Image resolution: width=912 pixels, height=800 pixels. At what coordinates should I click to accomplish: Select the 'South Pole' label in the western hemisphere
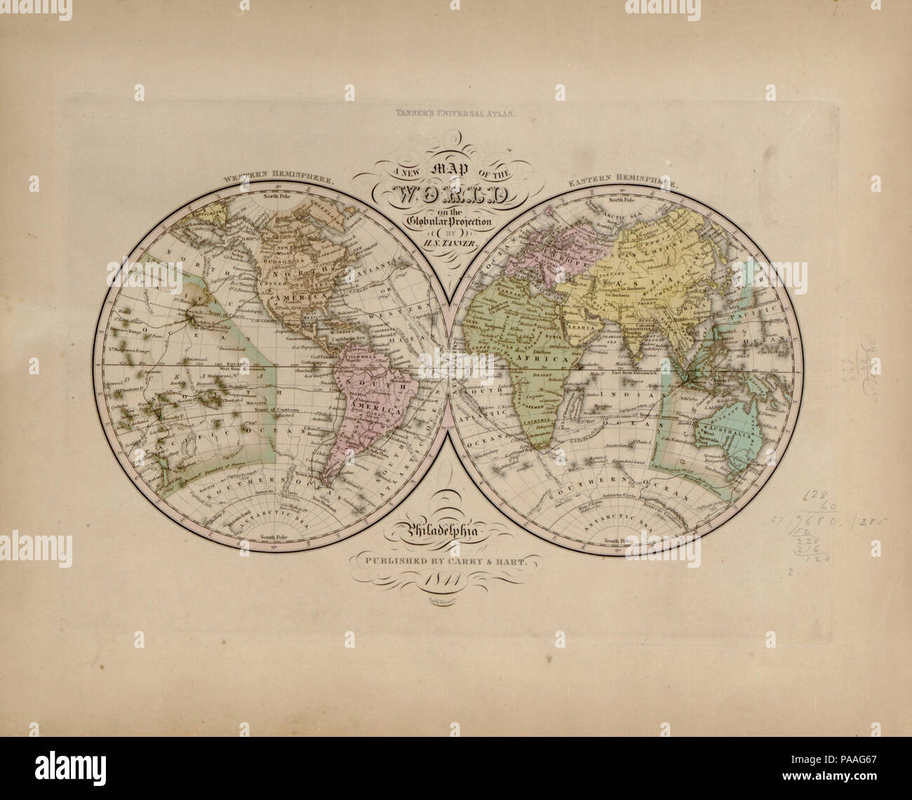point(276,537)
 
